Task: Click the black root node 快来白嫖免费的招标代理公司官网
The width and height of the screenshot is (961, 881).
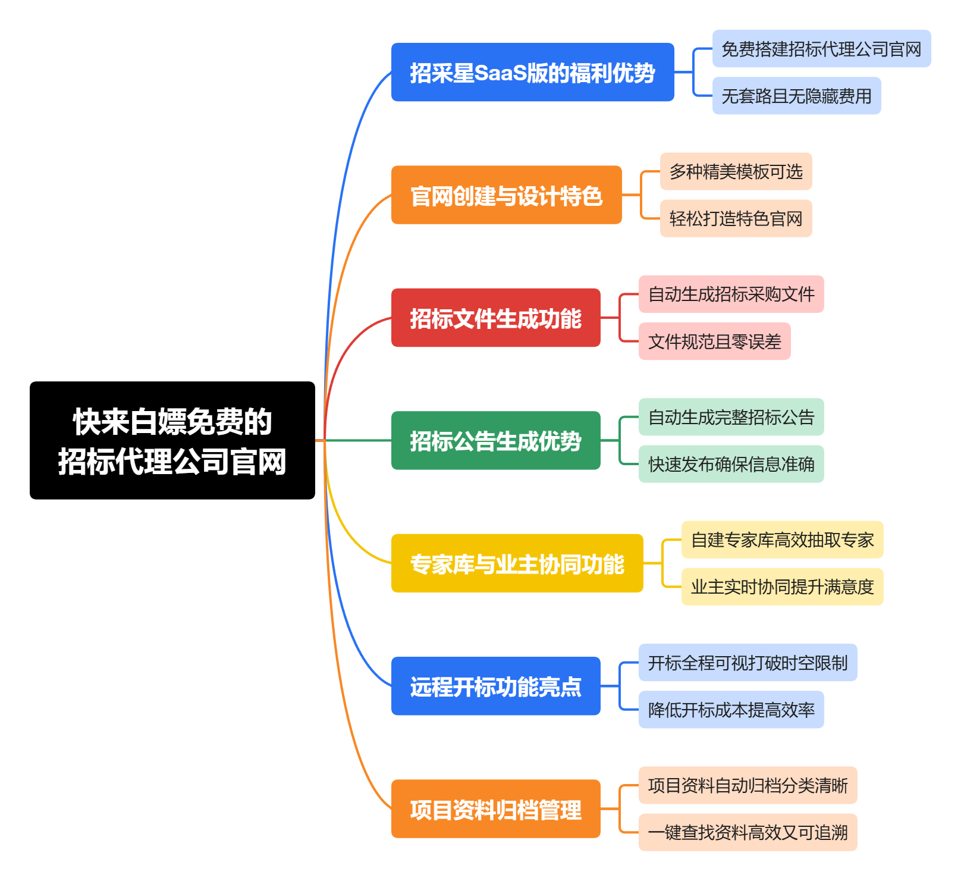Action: point(172,440)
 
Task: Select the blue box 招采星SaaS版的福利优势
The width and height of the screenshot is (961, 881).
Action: point(532,72)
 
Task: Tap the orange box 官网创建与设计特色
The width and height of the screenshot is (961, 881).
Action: point(506,195)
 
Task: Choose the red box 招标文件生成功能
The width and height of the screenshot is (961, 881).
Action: point(495,318)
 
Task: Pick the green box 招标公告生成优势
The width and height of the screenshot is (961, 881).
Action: point(495,440)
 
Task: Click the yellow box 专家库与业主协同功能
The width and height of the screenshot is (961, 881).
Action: point(517,563)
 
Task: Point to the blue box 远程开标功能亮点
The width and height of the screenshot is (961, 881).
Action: point(495,686)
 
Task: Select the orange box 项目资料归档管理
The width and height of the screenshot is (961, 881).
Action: point(495,808)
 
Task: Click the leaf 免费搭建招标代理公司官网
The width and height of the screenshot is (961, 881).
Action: point(821,49)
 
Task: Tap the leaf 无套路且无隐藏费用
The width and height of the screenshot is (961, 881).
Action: point(796,96)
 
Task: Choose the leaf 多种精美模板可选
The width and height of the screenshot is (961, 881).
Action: point(736,171)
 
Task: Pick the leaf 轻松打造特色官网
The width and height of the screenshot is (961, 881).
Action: point(736,218)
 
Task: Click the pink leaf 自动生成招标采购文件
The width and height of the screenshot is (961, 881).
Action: point(731,294)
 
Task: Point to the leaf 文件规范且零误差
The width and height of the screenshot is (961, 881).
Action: point(714,341)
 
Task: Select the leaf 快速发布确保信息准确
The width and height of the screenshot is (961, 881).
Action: point(731,464)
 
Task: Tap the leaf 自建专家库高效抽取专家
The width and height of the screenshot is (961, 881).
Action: point(782,540)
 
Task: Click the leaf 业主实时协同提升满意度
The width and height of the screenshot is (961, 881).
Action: point(782,587)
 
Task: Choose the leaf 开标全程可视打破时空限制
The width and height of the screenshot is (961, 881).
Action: point(748,662)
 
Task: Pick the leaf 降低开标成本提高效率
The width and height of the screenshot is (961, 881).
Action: point(731,710)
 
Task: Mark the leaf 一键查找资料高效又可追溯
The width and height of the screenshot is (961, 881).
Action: point(748,832)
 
